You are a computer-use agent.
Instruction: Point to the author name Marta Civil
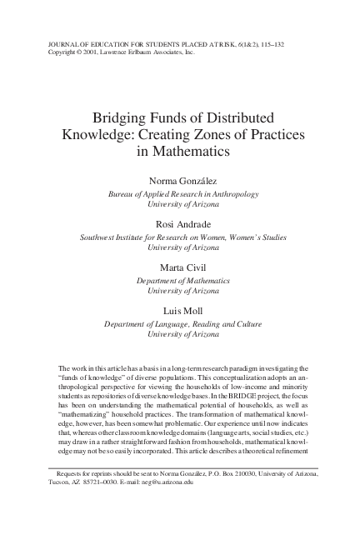tap(180, 268)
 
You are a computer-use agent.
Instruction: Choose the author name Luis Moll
tap(180, 311)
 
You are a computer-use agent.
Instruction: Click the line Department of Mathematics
tap(180, 280)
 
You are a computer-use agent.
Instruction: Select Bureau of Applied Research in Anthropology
tap(180, 194)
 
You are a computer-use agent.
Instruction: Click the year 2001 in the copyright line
tap(84, 51)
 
